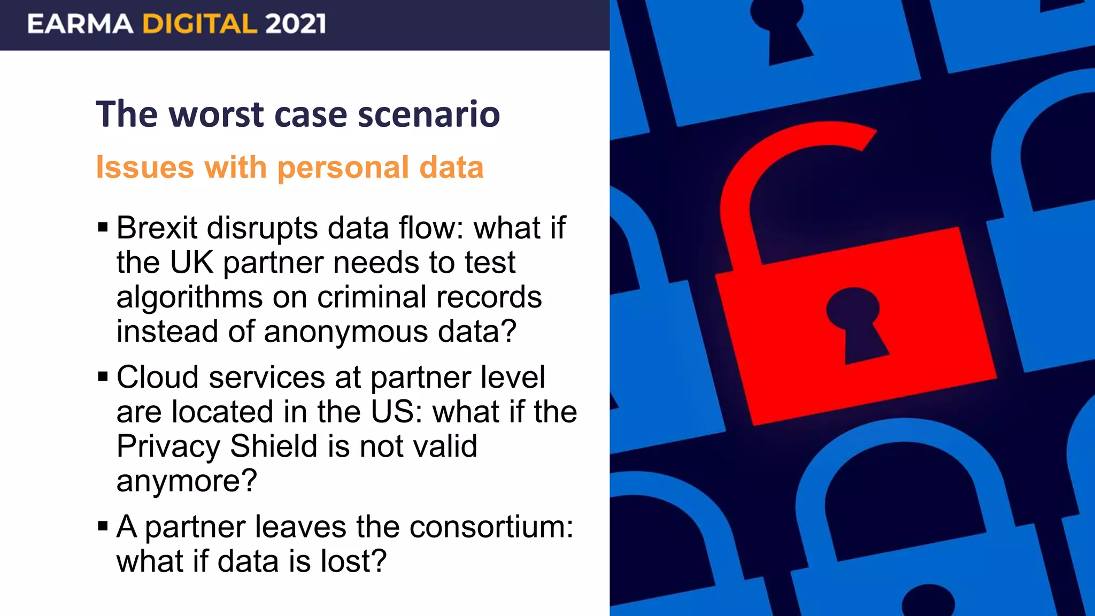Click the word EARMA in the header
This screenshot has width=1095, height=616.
coord(80,24)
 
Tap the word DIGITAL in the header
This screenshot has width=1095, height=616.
coord(199,24)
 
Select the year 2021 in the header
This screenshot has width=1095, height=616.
coord(295,24)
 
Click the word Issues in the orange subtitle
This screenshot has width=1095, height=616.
coord(144,167)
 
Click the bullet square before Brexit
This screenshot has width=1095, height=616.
coord(103,228)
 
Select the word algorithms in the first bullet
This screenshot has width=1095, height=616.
coord(189,297)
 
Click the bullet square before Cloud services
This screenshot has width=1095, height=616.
coord(103,377)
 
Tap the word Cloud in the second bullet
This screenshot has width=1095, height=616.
coord(158,378)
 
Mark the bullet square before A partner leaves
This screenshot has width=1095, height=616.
coord(103,527)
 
